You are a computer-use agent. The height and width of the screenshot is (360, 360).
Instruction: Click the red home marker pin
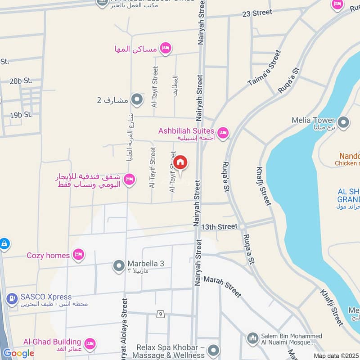pos(180,162)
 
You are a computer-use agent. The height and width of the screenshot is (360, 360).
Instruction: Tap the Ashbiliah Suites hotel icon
pos(222,133)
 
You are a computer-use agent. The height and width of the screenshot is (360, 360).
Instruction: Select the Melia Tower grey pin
pos(343,122)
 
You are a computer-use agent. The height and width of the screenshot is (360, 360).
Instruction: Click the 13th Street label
pos(219,226)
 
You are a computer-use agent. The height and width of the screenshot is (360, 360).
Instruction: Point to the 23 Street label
pos(256,13)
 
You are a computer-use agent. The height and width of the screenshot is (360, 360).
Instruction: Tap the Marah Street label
pos(223,287)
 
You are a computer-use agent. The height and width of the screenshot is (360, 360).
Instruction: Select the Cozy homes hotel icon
pos(79,255)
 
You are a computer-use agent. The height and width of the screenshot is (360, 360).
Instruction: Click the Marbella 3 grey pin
pos(119,266)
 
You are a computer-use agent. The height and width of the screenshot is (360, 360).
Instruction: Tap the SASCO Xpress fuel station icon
pos(11,297)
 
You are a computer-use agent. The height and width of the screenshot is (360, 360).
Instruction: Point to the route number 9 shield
pos(160,314)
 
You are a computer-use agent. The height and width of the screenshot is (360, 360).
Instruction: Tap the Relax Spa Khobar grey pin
pos(214,350)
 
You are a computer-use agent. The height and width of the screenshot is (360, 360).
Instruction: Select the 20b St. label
pos(21,81)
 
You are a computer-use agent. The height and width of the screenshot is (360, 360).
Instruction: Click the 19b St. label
pos(22,115)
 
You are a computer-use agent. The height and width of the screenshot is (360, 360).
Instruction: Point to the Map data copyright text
pos(336,355)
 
